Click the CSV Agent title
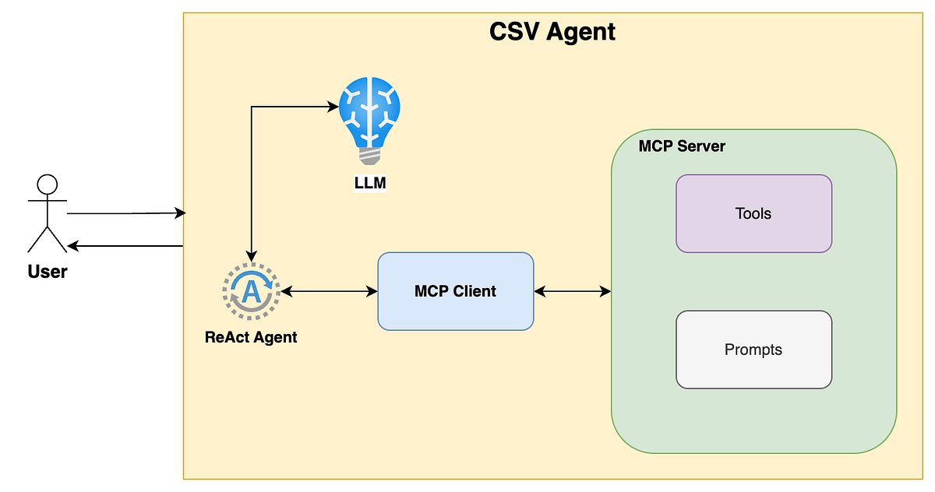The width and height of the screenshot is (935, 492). tap(552, 32)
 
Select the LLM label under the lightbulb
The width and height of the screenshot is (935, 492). tap(370, 184)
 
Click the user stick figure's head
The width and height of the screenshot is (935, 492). tap(48, 184)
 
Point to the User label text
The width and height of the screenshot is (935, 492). tap(48, 272)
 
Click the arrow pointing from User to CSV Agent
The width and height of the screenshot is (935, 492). tap(125, 213)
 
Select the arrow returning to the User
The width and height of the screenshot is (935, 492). tap(125, 246)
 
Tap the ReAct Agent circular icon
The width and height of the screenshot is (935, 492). tap(251, 291)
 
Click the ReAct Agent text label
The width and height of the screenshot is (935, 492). tap(251, 337)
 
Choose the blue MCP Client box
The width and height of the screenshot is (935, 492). tap(455, 291)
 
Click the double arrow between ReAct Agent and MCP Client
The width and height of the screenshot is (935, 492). tap(329, 291)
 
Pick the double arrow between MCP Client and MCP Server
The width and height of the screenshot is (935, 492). tap(573, 291)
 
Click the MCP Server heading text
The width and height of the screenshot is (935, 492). tap(682, 146)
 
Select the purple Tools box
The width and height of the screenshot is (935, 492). tap(753, 213)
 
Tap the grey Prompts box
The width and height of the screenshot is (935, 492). tap(753, 350)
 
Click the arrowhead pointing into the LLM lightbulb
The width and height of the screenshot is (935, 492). tap(330, 107)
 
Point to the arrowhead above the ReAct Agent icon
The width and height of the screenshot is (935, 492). tap(251, 255)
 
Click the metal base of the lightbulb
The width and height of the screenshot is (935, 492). tap(370, 156)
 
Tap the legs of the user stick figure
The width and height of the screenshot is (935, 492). tap(48, 239)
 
